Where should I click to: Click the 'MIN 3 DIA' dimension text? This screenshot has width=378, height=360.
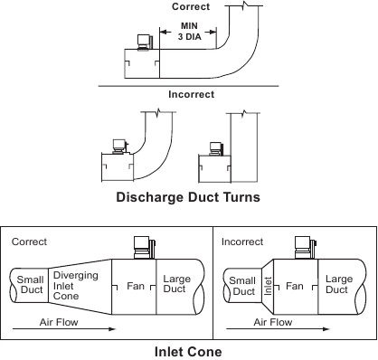click(x=187, y=32)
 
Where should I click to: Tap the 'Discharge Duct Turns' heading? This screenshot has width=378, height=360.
click(x=187, y=196)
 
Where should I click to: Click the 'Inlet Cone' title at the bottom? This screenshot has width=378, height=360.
click(x=188, y=347)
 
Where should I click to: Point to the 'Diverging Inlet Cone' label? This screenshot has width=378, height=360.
click(x=70, y=286)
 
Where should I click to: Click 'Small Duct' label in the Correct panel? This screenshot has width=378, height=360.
click(x=30, y=286)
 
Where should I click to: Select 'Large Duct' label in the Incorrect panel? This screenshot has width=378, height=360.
click(x=339, y=285)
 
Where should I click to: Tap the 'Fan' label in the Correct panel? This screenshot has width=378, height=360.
click(x=134, y=286)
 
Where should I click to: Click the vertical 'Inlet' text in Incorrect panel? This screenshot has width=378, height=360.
click(x=268, y=286)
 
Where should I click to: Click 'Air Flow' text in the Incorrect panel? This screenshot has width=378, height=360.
click(x=272, y=321)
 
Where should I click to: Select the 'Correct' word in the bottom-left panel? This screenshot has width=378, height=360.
click(x=29, y=242)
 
